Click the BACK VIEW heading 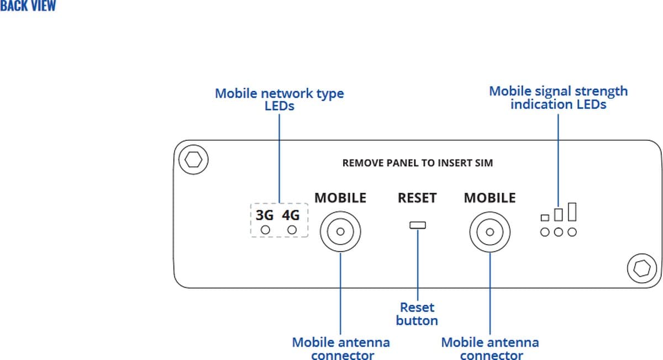pyautogui.click(x=28, y=7)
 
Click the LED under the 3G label pyautogui.click(x=265, y=230)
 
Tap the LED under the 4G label pyautogui.click(x=292, y=230)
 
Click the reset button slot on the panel pyautogui.click(x=417, y=225)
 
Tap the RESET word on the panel pyautogui.click(x=417, y=198)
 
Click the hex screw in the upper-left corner pyautogui.click(x=193, y=160)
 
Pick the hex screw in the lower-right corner pyautogui.click(x=641, y=269)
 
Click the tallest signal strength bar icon pyautogui.click(x=572, y=212)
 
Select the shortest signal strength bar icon pyautogui.click(x=545, y=218)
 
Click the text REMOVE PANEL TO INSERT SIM pyautogui.click(x=417, y=163)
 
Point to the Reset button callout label pyautogui.click(x=417, y=314)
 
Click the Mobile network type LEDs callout pyautogui.click(x=279, y=99)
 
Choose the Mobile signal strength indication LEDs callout pyautogui.click(x=558, y=97)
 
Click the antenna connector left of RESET pyautogui.click(x=340, y=231)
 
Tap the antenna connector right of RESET pyautogui.click(x=490, y=231)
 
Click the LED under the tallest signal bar pyautogui.click(x=572, y=232)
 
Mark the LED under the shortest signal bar pyautogui.click(x=545, y=232)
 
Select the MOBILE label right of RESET pyautogui.click(x=490, y=198)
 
